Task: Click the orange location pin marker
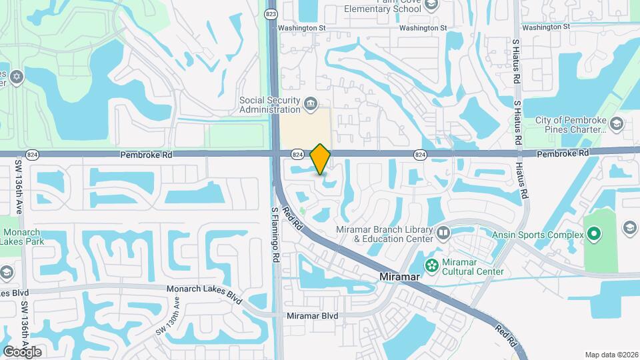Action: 321,159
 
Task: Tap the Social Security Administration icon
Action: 310,104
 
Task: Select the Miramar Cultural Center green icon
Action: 432,266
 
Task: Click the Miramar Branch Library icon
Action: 443,233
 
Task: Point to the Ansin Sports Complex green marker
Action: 593,235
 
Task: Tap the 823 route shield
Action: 270,13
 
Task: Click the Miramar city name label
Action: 397,276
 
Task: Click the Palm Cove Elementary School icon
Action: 430,5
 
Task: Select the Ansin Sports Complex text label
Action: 537,235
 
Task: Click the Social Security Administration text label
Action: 270,105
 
